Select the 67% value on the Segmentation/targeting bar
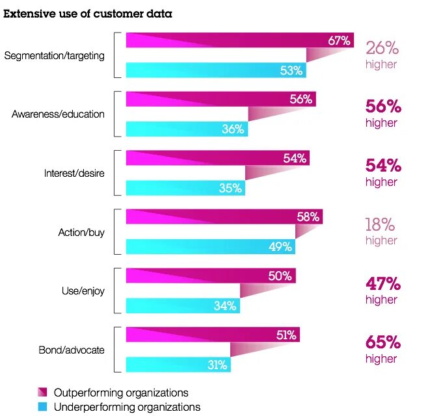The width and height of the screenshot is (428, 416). point(339,40)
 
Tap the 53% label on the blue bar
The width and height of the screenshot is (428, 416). point(291,70)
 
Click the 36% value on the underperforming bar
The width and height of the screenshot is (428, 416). point(233,129)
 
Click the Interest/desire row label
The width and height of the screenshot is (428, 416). point(74,174)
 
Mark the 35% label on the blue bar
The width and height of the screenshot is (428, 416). point(230,188)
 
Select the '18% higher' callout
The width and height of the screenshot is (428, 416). point(381,231)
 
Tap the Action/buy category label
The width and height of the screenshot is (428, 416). point(81,232)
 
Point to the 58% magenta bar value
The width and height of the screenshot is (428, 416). point(308,216)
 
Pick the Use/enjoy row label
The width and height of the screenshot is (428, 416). point(83,291)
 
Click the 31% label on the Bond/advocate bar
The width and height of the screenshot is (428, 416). point(217,365)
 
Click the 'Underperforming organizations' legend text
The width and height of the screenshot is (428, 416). point(127,407)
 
